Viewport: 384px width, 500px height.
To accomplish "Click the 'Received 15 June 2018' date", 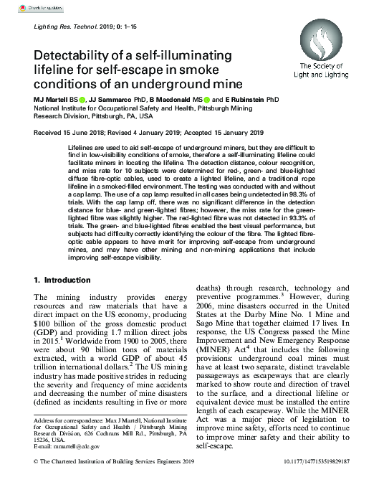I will click(x=69, y=133).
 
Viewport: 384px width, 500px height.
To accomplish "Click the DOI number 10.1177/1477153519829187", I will click(x=340, y=484).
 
